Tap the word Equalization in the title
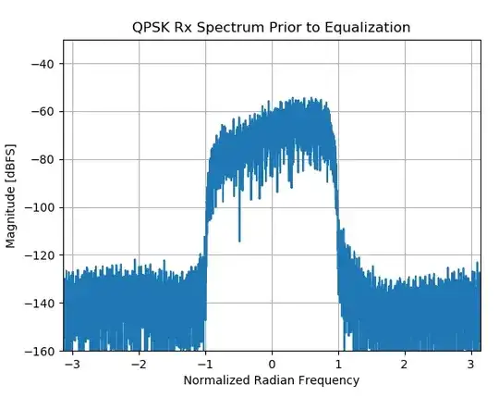point(366,28)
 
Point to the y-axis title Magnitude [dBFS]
point(12,195)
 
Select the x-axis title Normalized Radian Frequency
point(272,380)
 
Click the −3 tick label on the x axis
point(72,364)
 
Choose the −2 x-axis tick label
point(139,364)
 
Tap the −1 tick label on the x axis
point(205,364)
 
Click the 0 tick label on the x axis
point(272,364)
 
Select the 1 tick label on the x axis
point(338,364)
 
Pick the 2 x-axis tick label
point(405,364)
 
